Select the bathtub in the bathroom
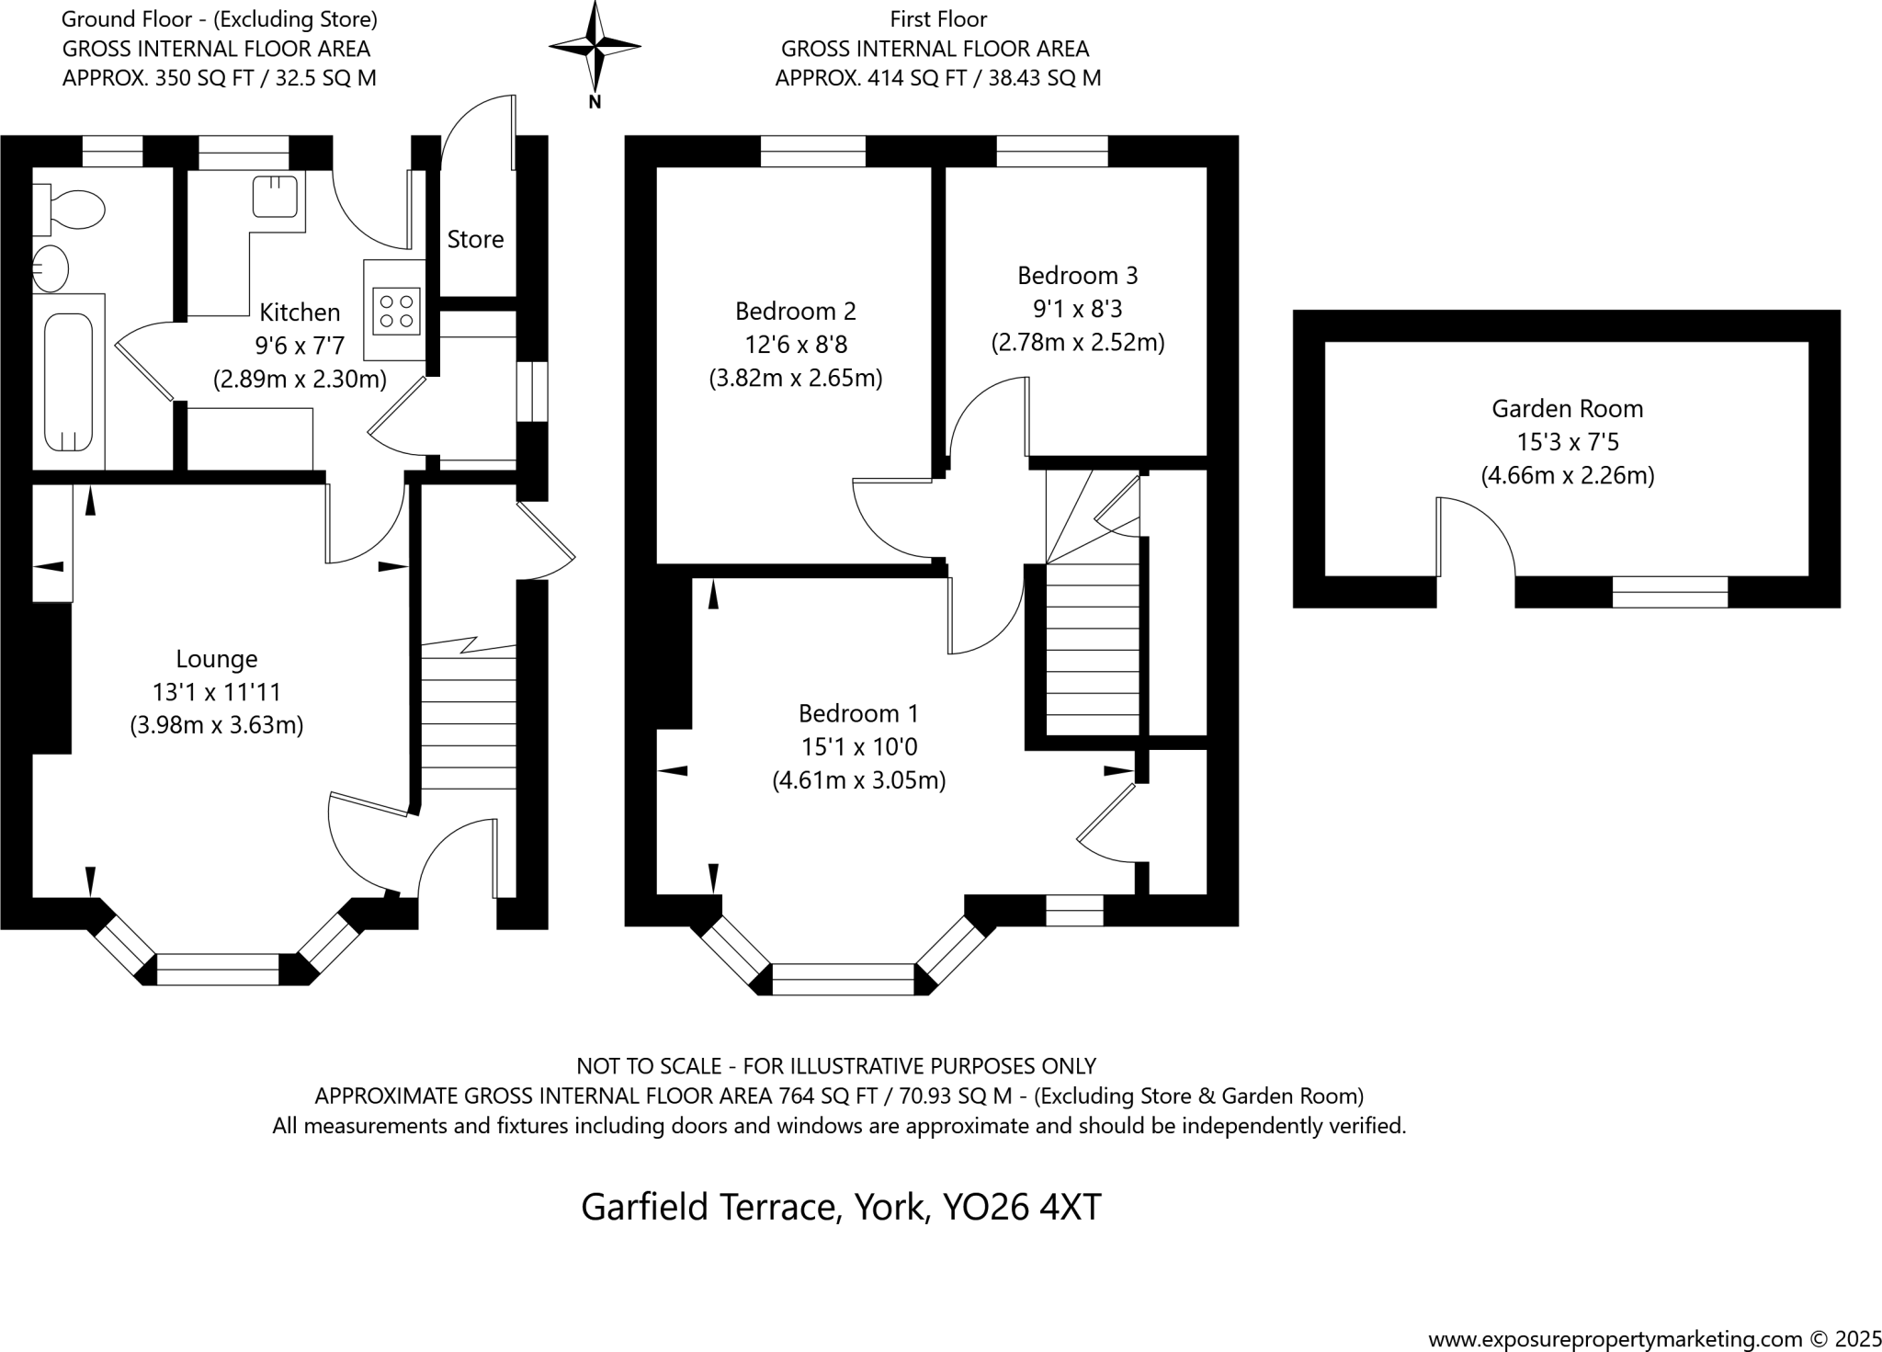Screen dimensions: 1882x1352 pyautogui.click(x=69, y=381)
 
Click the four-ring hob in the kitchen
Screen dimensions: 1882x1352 pyautogui.click(x=397, y=311)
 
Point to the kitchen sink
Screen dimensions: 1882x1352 pyautogui.click(x=275, y=196)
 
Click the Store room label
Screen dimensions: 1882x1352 pyautogui.click(x=475, y=240)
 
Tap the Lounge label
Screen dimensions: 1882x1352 pyautogui.click(x=217, y=659)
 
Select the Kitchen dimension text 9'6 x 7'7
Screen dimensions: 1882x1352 pyautogui.click(x=300, y=346)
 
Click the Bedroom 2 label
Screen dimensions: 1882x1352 pyautogui.click(x=796, y=312)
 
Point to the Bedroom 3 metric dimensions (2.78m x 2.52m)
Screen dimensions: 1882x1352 pyautogui.click(x=1077, y=343)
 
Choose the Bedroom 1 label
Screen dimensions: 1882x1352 pyautogui.click(x=858, y=714)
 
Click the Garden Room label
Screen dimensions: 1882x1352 pyautogui.click(x=1567, y=409)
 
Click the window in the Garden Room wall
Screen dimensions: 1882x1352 pyautogui.click(x=1670, y=592)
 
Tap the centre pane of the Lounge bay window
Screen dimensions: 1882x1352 pyautogui.click(x=218, y=970)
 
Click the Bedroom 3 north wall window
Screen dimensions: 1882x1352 pyautogui.click(x=1052, y=151)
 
